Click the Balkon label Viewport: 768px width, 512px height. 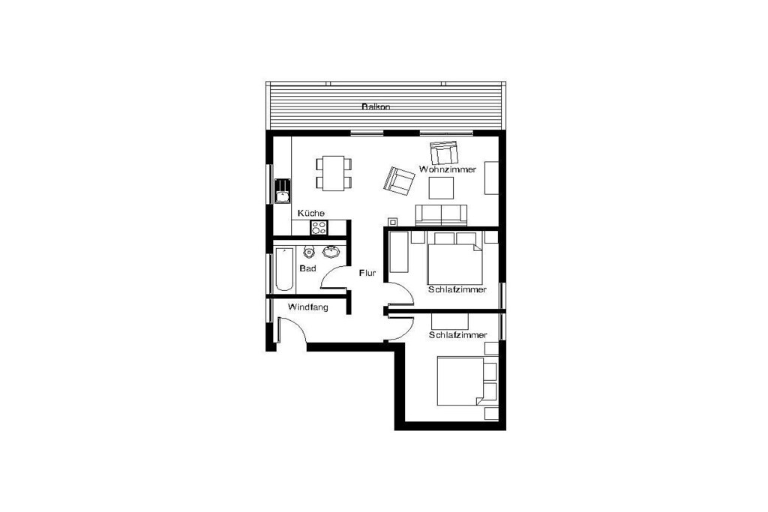pos(376,106)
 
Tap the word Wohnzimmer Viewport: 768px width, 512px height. pos(447,169)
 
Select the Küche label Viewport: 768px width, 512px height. pos(311,214)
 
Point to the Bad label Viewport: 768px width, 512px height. pos(307,268)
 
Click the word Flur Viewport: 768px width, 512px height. pos(367,273)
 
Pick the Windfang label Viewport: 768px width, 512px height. pos(307,307)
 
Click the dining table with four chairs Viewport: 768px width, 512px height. pos(334,173)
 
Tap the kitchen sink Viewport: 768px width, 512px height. pos(282,191)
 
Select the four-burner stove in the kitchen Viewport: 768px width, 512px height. pos(319,228)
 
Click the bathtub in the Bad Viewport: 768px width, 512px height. pos(283,269)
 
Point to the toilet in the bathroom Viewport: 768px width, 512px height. pos(308,252)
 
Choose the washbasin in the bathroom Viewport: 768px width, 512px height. pos(331,252)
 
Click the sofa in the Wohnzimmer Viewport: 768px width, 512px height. pos(441,215)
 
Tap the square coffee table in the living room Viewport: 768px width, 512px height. pos(441,188)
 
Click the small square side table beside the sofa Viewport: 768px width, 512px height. pos(391,222)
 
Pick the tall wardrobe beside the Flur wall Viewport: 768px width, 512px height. pos(399,252)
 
